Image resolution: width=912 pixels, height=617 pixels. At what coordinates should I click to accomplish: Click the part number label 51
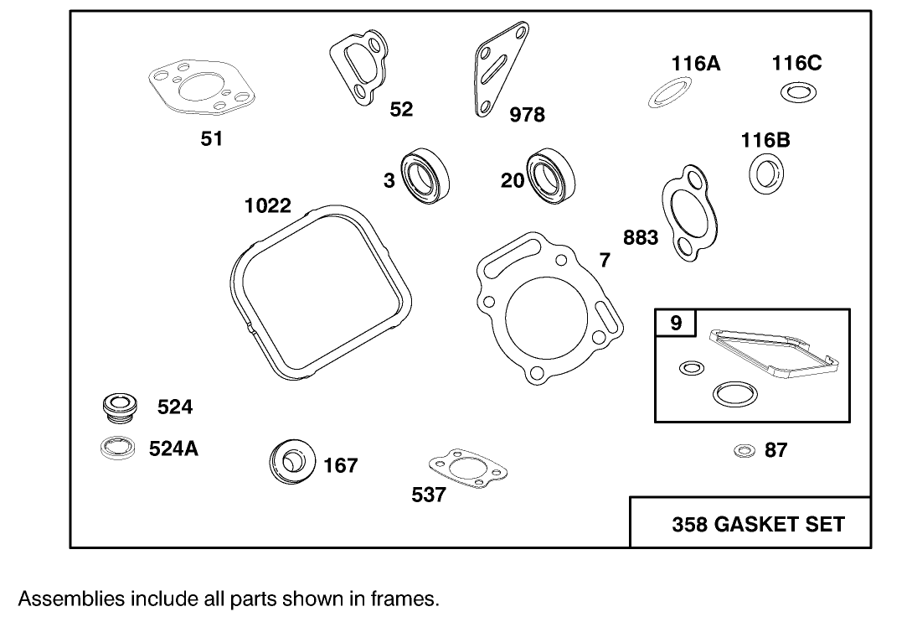[211, 139]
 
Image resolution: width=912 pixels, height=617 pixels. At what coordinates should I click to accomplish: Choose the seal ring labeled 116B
[765, 173]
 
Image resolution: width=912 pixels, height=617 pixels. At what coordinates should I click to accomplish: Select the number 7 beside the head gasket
[605, 261]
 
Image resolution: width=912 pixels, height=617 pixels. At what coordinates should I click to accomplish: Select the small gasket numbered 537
[463, 469]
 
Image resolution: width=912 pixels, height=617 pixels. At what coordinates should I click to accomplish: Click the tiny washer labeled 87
[742, 451]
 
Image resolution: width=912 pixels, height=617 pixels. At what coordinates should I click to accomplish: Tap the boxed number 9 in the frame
[675, 323]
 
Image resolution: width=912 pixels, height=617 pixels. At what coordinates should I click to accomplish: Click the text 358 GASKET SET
[758, 525]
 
